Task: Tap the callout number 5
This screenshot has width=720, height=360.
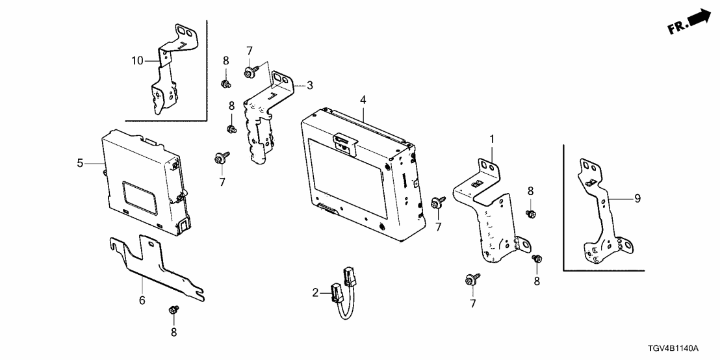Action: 80,163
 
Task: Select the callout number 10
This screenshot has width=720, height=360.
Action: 137,60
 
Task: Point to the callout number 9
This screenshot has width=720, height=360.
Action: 637,198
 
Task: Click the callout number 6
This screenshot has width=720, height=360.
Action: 142,300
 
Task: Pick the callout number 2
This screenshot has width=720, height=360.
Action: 315,292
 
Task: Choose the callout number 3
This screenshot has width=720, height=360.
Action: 310,85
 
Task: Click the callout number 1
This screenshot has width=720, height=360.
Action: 492,138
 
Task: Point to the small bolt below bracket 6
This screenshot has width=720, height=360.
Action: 174,310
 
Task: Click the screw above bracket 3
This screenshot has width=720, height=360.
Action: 250,71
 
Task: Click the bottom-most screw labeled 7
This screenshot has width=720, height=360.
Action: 472,279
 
